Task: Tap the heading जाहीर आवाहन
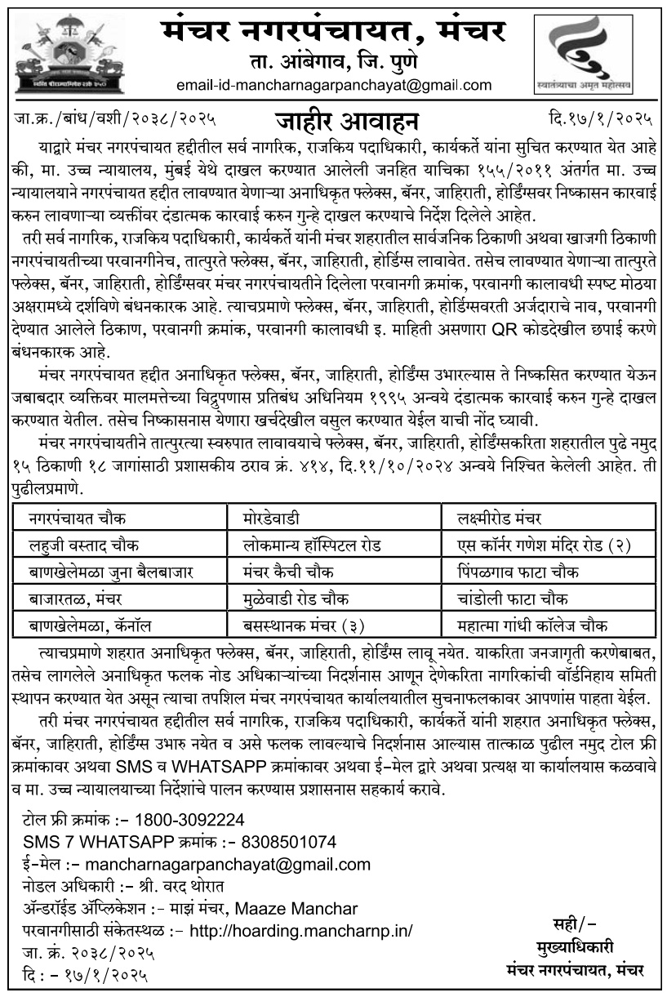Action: click(347, 121)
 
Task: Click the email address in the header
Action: click(334, 85)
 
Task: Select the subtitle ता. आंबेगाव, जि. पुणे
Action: click(333, 61)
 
